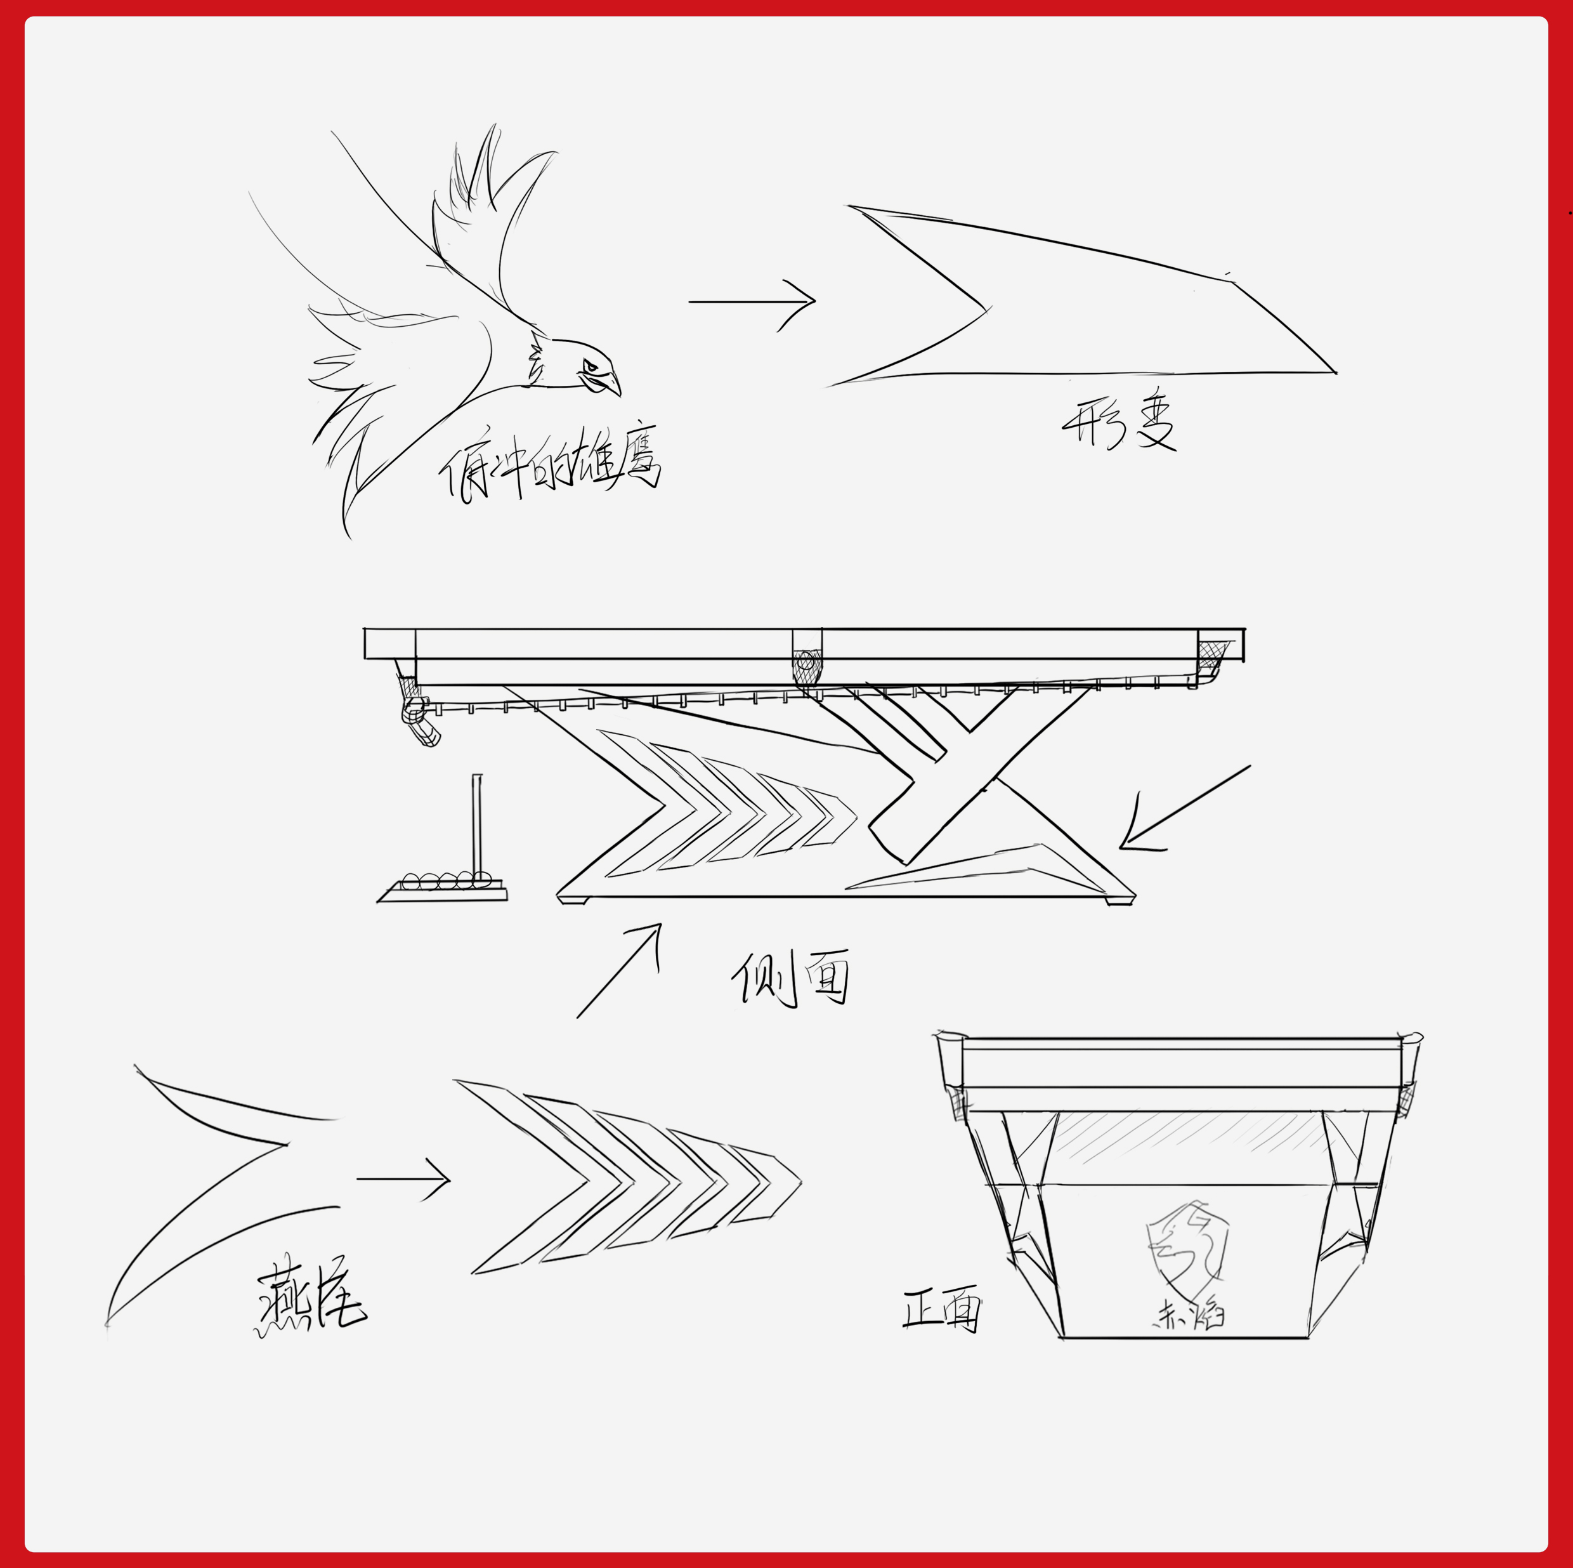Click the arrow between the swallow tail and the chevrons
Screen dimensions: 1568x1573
point(403,1178)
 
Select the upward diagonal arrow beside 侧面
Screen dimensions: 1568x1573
point(619,970)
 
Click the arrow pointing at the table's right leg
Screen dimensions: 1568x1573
point(1185,807)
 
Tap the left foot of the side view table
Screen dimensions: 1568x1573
point(575,900)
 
